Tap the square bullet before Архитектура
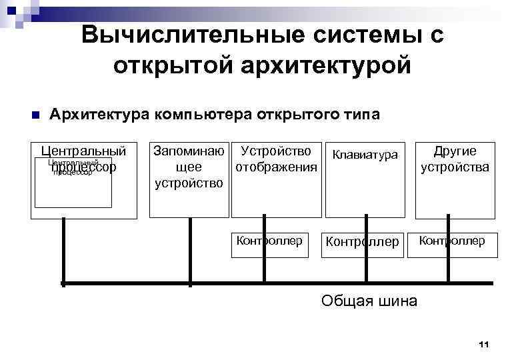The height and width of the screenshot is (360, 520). click(x=35, y=115)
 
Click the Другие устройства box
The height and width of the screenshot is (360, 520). click(x=455, y=180)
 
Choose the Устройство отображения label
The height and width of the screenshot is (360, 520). click(x=276, y=159)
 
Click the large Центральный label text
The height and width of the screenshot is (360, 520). click(x=83, y=151)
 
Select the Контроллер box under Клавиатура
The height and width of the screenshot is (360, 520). click(x=365, y=244)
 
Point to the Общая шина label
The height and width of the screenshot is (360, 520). click(x=369, y=301)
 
